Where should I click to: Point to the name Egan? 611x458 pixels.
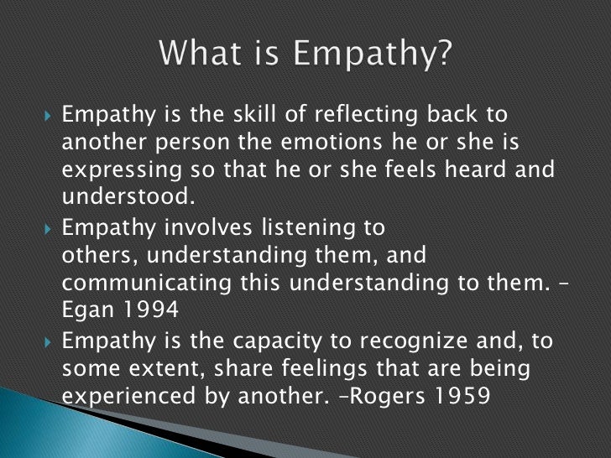[86, 309]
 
